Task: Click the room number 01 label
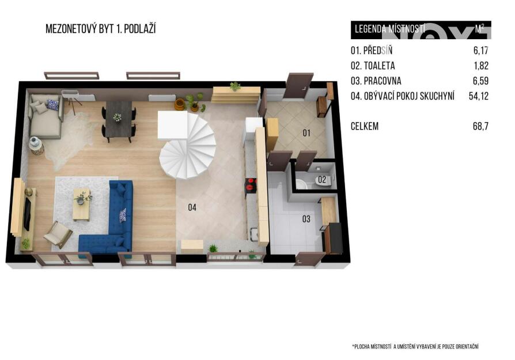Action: point(306,132)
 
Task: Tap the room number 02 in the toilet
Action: point(322,179)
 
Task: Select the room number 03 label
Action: point(306,219)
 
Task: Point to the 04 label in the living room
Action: point(192,207)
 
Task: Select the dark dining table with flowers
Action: point(119,119)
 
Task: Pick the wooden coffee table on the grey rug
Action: point(81,204)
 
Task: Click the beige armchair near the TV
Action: point(58,234)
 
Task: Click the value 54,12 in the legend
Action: point(479,96)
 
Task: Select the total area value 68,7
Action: point(480,126)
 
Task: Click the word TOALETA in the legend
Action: point(380,66)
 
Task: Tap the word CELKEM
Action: point(365,126)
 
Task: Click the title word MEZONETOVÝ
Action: point(71,29)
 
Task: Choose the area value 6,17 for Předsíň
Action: point(481,51)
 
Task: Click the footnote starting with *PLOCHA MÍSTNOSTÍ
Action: point(415,347)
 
